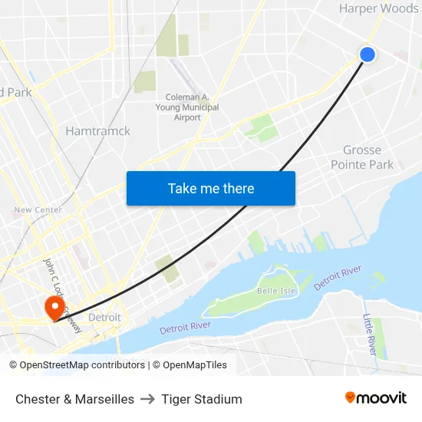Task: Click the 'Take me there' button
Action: [x=211, y=188]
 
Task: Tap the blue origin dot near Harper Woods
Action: [x=368, y=54]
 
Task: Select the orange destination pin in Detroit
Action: [x=54, y=308]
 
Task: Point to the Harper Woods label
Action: [x=379, y=8]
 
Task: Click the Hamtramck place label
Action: [x=97, y=131]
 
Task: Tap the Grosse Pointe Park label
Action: [x=362, y=157]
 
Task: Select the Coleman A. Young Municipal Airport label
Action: [x=192, y=107]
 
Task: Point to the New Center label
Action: [x=38, y=209]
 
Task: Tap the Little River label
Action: [x=368, y=334]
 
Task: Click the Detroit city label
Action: [x=104, y=317]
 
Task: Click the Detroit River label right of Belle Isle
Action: [x=338, y=277]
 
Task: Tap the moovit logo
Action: [x=375, y=398]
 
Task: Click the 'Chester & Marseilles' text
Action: [x=74, y=399]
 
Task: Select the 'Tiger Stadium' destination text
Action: [x=202, y=399]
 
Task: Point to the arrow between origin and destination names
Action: [x=147, y=399]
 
